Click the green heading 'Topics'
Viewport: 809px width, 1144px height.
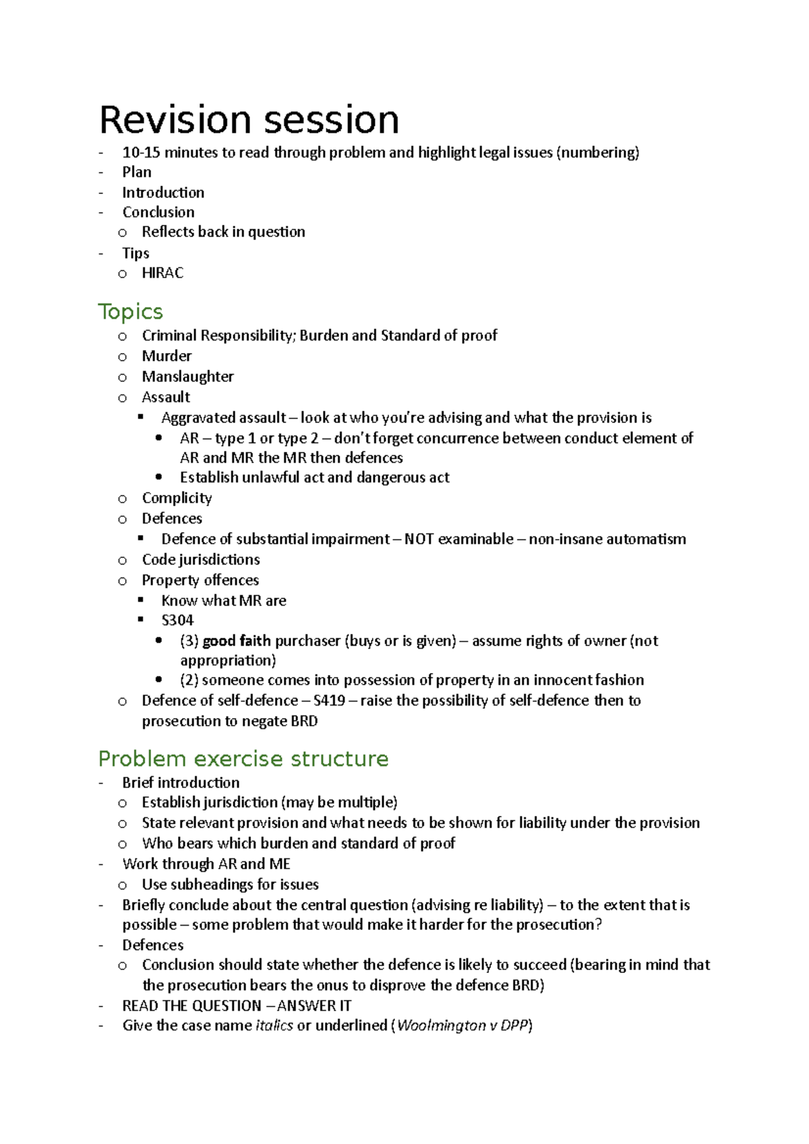[130, 311]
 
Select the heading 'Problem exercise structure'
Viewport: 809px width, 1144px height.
[243, 759]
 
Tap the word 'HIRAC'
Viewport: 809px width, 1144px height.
[162, 273]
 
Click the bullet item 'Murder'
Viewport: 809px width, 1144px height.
[167, 356]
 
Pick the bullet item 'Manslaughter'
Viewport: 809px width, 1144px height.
[187, 377]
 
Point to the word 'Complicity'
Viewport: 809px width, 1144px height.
[177, 498]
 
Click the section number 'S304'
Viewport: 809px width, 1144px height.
[177, 620]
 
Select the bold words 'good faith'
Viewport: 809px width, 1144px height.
[236, 641]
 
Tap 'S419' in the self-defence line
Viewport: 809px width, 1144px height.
[329, 701]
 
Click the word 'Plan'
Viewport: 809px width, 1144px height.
[137, 172]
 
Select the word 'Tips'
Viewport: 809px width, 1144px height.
[136, 253]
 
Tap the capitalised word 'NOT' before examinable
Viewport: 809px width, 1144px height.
[419, 539]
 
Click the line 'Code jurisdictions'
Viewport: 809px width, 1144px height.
[200, 559]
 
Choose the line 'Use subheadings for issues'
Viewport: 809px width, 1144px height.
[230, 884]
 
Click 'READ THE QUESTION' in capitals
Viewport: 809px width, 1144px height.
[191, 1005]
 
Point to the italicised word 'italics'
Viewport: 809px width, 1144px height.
[274, 1025]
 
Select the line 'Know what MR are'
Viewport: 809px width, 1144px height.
[224, 600]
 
